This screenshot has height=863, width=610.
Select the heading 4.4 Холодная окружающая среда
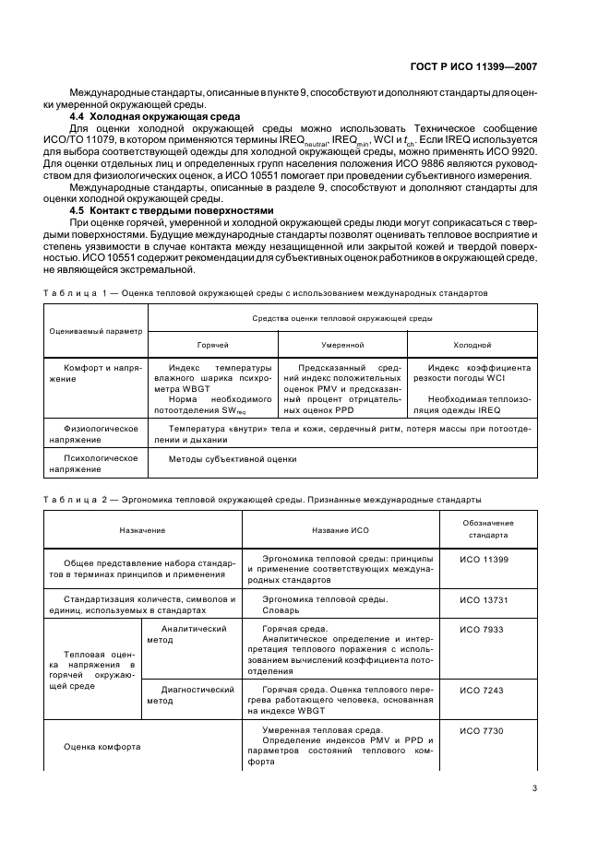[x=156, y=116]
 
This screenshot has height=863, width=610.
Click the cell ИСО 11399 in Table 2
[x=484, y=560]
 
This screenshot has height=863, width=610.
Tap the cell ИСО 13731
[x=484, y=598]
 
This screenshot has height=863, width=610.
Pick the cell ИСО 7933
[x=484, y=628]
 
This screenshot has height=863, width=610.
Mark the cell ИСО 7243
[x=484, y=689]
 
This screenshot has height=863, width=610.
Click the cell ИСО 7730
[x=484, y=729]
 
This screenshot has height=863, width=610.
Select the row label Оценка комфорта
[x=102, y=747]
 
